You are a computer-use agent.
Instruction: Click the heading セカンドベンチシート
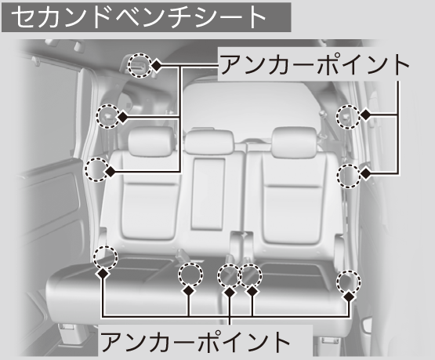[x=139, y=16]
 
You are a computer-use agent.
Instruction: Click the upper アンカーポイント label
[x=315, y=65]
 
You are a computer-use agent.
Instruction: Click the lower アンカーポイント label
[x=195, y=341]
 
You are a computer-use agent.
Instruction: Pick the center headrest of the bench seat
[x=209, y=142]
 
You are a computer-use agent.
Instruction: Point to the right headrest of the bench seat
[x=294, y=141]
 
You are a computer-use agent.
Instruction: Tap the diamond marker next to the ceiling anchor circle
[x=157, y=66]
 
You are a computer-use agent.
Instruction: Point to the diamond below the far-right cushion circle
[x=350, y=297]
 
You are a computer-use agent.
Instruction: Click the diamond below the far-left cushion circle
[x=103, y=274]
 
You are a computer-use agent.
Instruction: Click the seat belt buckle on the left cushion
[x=182, y=253]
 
